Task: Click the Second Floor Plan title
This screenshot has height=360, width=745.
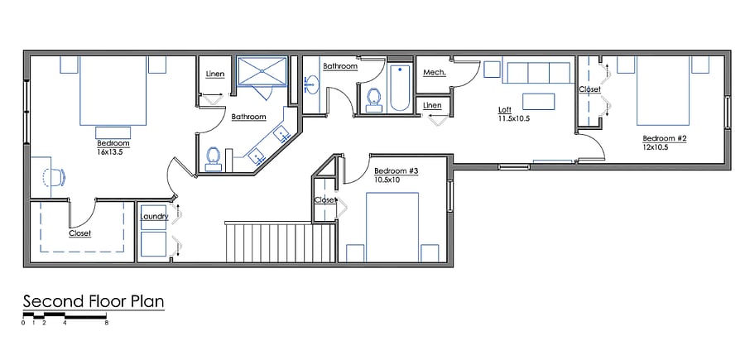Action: (94, 301)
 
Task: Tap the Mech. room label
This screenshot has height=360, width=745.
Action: (435, 73)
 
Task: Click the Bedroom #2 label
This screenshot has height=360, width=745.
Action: (664, 139)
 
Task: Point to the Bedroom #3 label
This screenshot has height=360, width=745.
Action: (396, 171)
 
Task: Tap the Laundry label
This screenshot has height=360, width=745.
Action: (155, 217)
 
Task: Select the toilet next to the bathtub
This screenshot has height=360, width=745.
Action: (374, 101)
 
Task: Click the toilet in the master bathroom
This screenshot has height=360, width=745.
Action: (213, 159)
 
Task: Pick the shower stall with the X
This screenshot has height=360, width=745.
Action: (262, 72)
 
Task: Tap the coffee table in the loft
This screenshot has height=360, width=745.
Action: (538, 102)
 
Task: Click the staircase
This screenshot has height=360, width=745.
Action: (281, 242)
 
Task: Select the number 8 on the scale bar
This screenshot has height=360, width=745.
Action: (107, 323)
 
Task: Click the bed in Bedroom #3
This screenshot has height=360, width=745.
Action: (392, 227)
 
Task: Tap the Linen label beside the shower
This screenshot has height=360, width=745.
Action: (214, 74)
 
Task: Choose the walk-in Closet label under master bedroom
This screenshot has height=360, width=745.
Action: (79, 233)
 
